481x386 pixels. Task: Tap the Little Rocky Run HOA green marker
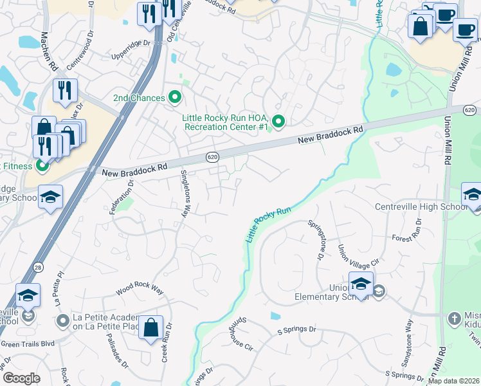(x=278, y=121)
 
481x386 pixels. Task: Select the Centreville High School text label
(x=421, y=207)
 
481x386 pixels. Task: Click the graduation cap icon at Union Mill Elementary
(x=361, y=283)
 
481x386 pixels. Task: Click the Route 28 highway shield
(x=39, y=266)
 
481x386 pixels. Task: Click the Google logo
(x=22, y=378)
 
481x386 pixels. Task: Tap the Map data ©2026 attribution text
(x=453, y=381)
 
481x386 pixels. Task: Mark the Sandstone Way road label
(x=408, y=336)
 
